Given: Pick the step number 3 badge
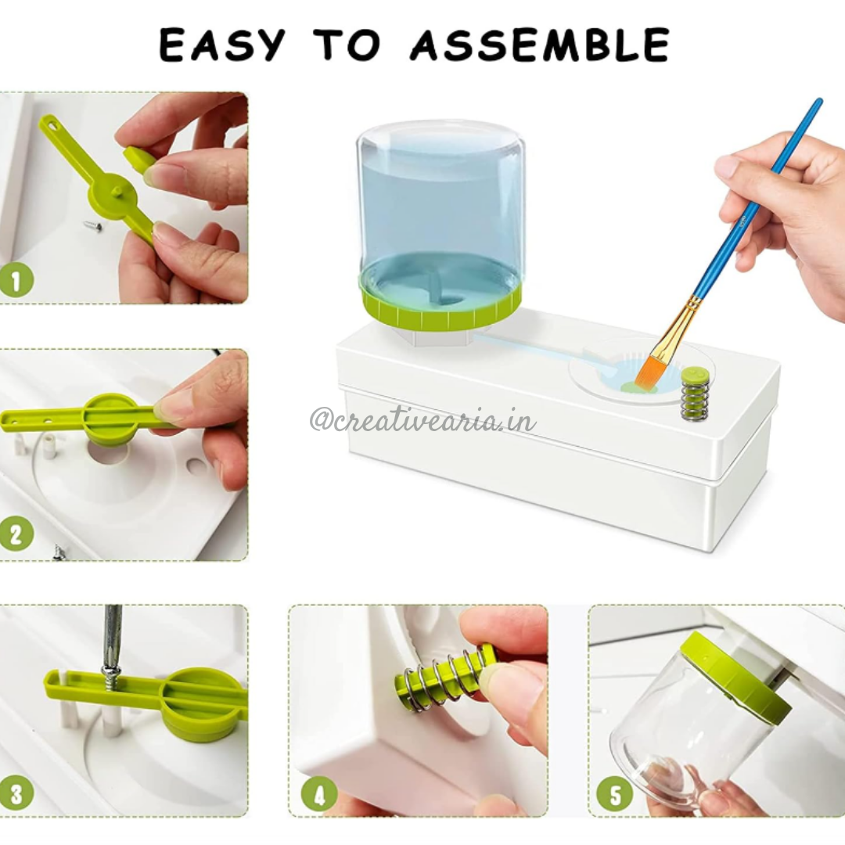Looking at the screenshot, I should click(16, 792).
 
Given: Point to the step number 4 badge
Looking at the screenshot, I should click(319, 793).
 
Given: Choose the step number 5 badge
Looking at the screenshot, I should click(614, 793).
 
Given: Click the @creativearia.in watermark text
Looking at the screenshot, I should click(422, 420).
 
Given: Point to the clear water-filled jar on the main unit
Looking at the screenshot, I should click(440, 203).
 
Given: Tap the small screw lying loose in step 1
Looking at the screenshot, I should click(92, 226).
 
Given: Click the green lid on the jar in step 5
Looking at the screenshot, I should click(735, 676).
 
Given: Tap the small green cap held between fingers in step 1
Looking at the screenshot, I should click(139, 160).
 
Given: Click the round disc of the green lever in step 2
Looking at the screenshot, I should click(112, 416).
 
